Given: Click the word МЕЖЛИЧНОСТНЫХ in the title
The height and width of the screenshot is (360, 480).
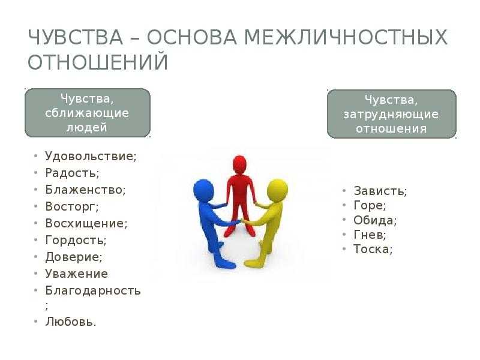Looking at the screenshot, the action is coord(346,37).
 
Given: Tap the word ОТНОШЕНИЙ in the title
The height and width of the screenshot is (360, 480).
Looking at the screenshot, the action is coord(98,62).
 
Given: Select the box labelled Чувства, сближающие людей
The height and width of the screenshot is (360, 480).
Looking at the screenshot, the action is coord(88,113).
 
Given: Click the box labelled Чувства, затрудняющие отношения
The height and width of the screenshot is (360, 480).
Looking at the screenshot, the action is coord(392,114).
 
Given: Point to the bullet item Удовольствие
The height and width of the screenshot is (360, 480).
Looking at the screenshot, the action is coord(91,156).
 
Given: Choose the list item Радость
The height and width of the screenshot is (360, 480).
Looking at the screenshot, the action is coord(72,173).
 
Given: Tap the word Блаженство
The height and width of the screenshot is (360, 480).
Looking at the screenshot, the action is coord(85,190).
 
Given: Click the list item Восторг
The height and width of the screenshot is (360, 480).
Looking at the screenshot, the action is coord(72,206).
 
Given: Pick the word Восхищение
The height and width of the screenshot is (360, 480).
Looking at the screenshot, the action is coord(86,223).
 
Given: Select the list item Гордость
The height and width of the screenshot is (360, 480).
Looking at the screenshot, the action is coord(76,240).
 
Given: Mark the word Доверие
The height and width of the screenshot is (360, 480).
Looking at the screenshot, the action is coord(74,257).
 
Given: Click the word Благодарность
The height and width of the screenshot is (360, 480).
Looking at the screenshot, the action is coord(93,290).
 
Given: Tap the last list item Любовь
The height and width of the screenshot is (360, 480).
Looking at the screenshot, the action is coord(71,322).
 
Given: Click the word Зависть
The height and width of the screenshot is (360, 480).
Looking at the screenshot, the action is coord(380,191).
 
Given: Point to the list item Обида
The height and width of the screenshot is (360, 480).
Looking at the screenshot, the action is coord(375,220).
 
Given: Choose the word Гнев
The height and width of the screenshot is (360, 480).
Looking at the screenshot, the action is coord(370,235).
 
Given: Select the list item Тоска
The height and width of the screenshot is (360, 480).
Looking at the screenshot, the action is coord(373,249).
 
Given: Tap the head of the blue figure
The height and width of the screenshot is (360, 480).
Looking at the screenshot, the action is coord(203,190).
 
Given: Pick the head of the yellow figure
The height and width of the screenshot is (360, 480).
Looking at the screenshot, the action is coord(277,190).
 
